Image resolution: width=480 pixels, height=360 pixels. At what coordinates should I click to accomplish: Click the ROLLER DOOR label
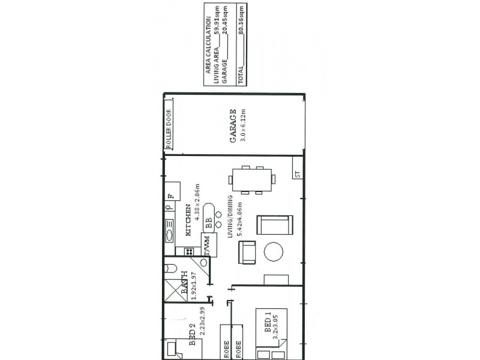[169, 128]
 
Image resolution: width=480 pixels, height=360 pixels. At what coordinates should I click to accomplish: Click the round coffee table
[274, 251]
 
